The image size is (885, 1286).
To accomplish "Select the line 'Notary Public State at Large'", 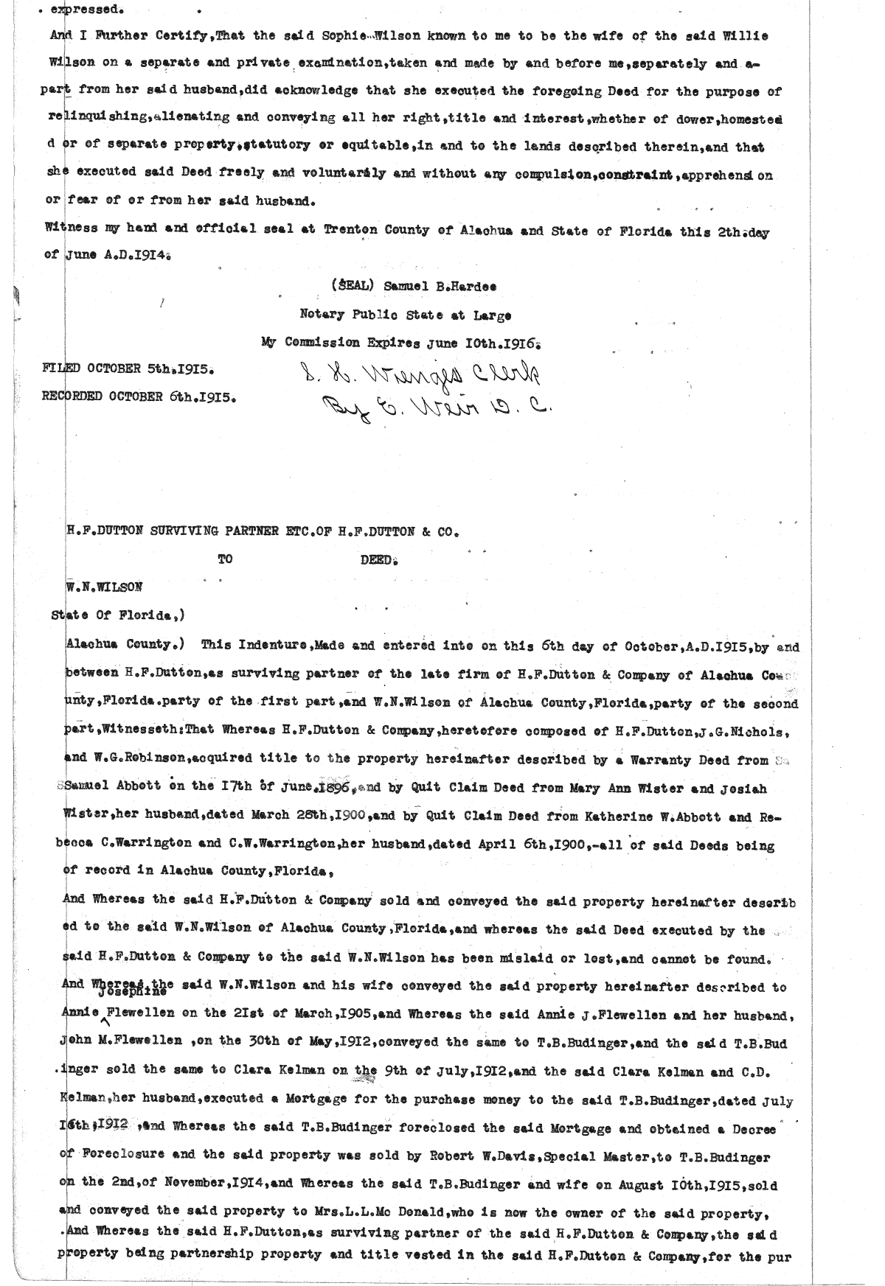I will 405,315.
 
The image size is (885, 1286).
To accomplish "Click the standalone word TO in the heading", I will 225,559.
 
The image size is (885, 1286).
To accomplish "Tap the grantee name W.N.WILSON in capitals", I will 104,587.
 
